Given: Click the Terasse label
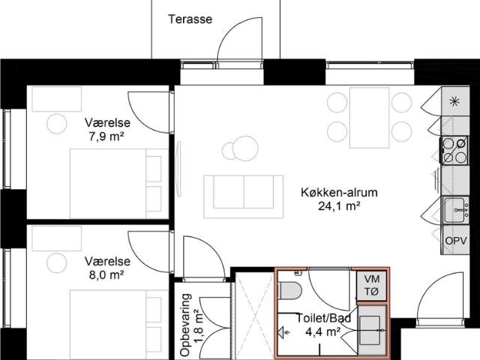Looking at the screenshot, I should point(190,19).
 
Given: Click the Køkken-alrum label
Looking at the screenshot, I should point(338,192).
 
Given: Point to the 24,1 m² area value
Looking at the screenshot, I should point(338,205).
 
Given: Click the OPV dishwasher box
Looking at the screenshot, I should point(454,241).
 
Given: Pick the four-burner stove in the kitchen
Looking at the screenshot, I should point(454,150).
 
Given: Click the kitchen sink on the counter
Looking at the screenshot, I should point(454,210).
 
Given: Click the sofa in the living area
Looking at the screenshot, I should point(247,191).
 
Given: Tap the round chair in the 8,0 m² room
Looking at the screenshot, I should point(57,262).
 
